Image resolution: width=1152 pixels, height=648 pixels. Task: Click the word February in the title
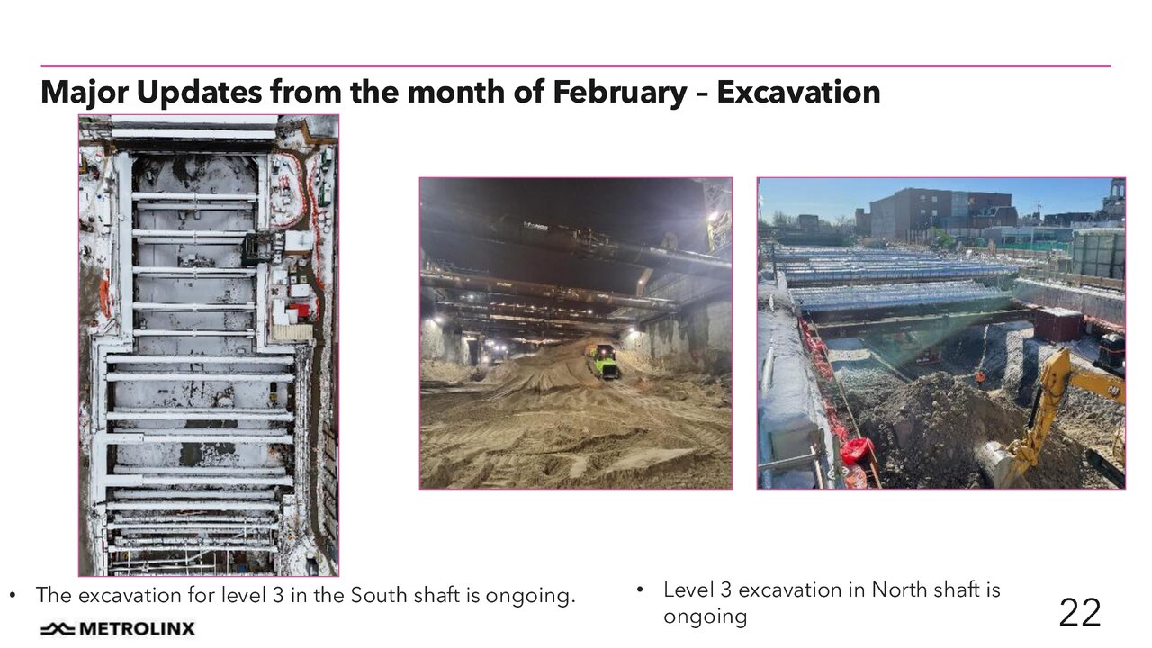pyautogui.click(x=620, y=93)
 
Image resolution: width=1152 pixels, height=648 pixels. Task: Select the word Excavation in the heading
pyautogui.click(x=798, y=93)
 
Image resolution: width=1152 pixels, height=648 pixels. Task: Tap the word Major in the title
pyautogui.click(x=85, y=93)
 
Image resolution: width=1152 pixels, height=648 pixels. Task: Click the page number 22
pyautogui.click(x=1079, y=613)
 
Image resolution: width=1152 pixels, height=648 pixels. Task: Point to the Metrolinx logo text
pyautogui.click(x=138, y=628)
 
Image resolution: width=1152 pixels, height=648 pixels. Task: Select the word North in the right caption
pyautogui.click(x=899, y=589)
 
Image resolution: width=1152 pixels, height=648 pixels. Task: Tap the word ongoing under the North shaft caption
pyautogui.click(x=705, y=617)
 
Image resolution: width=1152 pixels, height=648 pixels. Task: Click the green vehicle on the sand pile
pyautogui.click(x=604, y=361)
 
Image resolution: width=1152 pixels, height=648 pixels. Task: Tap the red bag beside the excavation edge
pyautogui.click(x=855, y=451)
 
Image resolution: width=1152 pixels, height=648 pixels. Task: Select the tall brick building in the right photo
pyautogui.click(x=940, y=215)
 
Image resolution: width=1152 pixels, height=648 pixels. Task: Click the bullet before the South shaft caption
pyautogui.click(x=13, y=596)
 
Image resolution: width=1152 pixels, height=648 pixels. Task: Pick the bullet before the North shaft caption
pyautogui.click(x=640, y=590)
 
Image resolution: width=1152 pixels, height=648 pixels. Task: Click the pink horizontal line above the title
pyautogui.click(x=576, y=66)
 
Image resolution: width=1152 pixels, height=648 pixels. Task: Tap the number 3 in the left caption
pyautogui.click(x=278, y=595)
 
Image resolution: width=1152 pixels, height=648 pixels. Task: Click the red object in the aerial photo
pyautogui.click(x=300, y=310)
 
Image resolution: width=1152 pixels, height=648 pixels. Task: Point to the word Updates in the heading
pyautogui.click(x=200, y=93)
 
